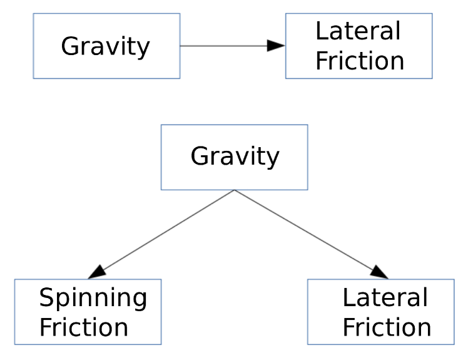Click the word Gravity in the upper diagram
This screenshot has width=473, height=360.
point(105,46)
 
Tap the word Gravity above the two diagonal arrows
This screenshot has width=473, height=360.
point(235,156)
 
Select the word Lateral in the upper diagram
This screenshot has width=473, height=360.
point(357,31)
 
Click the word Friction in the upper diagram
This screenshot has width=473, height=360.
point(359,61)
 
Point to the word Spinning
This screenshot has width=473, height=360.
point(93,299)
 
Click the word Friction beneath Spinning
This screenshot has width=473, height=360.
point(83,327)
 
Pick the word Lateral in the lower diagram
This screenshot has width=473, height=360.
point(385,298)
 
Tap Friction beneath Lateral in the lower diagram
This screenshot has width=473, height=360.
point(387,327)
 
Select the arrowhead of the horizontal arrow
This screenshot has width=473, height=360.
point(276,46)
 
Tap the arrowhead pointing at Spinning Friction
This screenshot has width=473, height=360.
point(96,273)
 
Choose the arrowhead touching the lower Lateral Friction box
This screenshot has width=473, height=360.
point(379,273)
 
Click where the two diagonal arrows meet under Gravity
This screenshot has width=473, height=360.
point(234,190)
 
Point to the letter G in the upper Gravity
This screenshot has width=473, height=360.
point(69,46)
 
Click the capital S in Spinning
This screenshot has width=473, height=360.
point(46,298)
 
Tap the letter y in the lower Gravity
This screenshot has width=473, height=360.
point(272,158)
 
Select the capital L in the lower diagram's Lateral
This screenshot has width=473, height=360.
point(348,298)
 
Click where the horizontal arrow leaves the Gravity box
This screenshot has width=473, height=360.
point(181,46)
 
